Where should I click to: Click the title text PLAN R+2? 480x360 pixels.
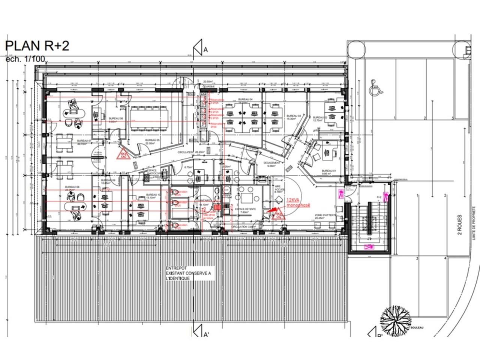[37, 46]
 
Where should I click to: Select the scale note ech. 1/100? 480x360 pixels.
[25, 59]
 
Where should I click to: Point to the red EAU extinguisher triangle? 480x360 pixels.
[123, 154]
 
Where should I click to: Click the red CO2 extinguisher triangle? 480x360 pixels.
[279, 214]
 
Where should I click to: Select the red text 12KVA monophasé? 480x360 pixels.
[298, 203]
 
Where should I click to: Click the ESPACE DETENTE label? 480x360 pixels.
[246, 210]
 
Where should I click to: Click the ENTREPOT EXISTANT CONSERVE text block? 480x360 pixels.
[188, 273]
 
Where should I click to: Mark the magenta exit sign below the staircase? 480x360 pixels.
[369, 246]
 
